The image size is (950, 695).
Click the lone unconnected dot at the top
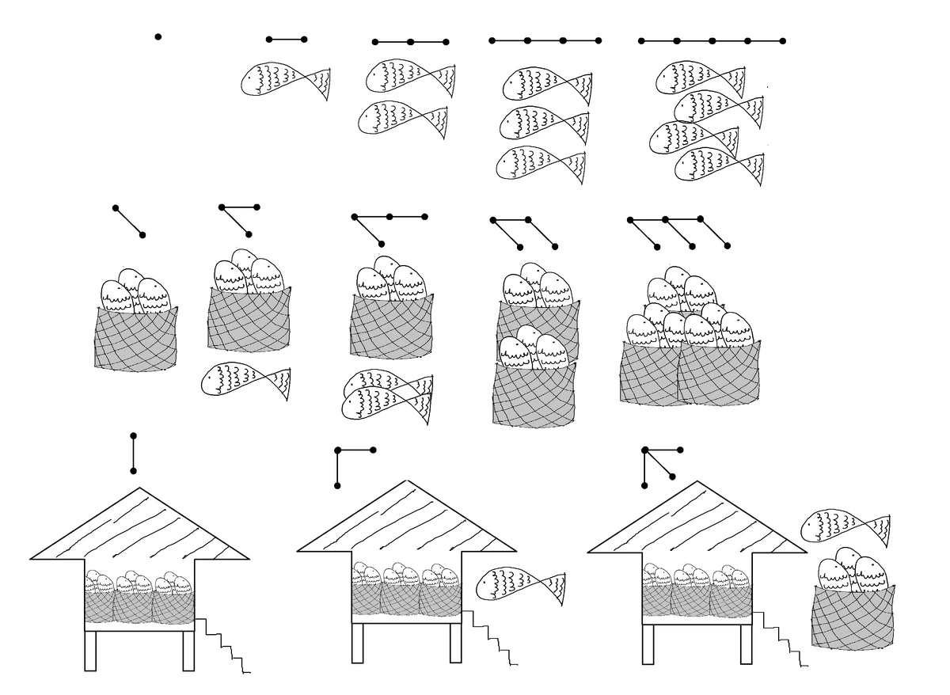158,36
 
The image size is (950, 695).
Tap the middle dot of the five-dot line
712,40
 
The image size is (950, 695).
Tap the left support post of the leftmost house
90,651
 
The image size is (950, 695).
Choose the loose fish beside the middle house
521,585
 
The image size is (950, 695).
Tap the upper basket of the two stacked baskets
537,321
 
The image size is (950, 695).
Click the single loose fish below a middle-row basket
247,381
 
